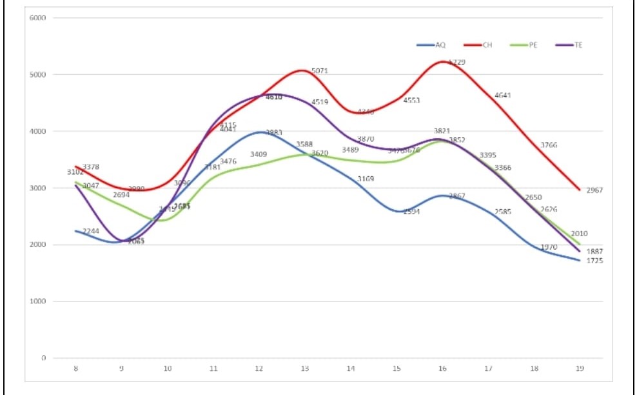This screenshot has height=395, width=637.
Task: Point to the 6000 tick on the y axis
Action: pyautogui.click(x=37, y=17)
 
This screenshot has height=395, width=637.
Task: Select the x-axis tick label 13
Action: pyautogui.click(x=304, y=369)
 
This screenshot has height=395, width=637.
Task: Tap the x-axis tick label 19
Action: pyautogui.click(x=580, y=369)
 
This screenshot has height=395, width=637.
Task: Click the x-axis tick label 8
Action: pyautogui.click(x=76, y=369)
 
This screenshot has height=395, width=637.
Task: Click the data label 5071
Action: pyautogui.click(x=320, y=70)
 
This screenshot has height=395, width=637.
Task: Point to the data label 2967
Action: pyautogui.click(x=595, y=190)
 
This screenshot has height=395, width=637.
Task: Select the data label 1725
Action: pyautogui.click(x=595, y=261)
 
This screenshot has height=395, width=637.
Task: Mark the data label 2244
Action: pyautogui.click(x=91, y=231)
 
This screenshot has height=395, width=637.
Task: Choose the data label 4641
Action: pyautogui.click(x=503, y=96)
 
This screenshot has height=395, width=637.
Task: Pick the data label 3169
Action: pyautogui.click(x=365, y=179)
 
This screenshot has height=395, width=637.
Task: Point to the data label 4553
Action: pyautogui.click(x=412, y=101)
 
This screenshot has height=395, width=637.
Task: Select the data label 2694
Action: pyautogui.click(x=121, y=194)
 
